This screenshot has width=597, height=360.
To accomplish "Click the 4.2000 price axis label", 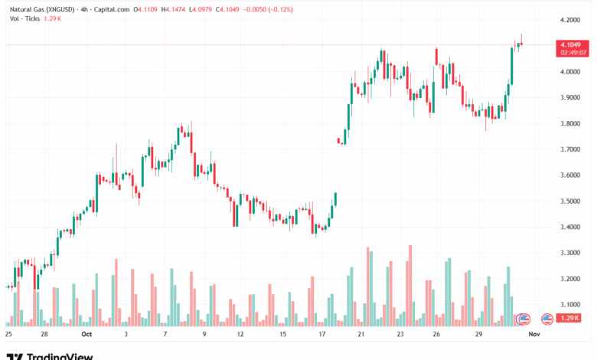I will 568,20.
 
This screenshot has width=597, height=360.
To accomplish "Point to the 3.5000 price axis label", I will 568,201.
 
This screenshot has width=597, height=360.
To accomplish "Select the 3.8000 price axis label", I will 568,123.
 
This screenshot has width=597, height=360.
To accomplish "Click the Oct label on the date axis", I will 86,334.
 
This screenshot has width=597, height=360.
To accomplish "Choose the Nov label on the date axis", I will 535,334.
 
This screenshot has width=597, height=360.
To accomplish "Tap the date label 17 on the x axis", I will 322,334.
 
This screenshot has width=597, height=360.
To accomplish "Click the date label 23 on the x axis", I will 400,334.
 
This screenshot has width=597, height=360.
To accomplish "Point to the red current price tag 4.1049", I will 569,45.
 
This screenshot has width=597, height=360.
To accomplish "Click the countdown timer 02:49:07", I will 569,53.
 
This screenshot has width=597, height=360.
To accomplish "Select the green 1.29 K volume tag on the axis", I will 569,318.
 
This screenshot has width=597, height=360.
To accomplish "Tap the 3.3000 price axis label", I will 568,253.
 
